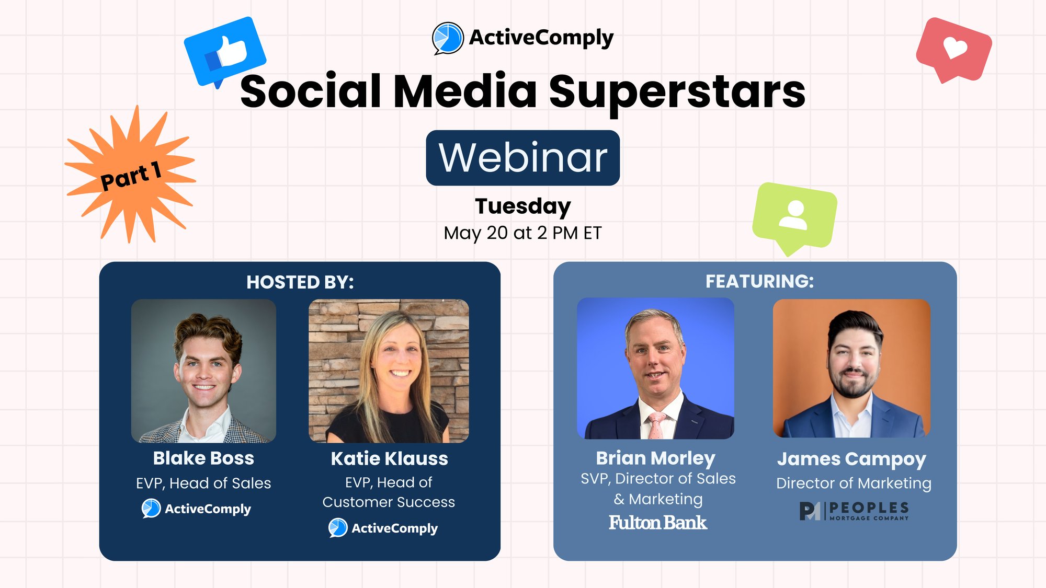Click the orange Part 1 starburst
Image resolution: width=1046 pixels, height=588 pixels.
[131, 175]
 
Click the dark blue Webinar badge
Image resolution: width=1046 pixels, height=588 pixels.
[523, 158]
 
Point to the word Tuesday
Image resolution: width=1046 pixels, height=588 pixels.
[523, 206]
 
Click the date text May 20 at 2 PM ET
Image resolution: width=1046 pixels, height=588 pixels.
[523, 233]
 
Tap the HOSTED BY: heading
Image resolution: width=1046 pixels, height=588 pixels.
[300, 282]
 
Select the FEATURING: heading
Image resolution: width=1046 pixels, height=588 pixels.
[760, 281]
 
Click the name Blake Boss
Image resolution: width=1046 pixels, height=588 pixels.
[203, 458]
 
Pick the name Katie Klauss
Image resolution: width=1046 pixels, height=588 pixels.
[390, 459]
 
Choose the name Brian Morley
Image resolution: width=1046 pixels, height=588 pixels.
[656, 458]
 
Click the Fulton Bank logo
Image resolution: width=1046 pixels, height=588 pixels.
[658, 523]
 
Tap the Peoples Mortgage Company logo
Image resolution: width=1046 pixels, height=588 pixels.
[854, 511]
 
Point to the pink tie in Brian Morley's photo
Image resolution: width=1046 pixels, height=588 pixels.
[656, 425]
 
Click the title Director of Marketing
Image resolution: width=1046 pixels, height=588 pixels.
[854, 483]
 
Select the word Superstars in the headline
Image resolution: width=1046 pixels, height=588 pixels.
[677, 92]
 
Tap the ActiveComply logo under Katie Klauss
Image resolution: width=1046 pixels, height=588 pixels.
[383, 528]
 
